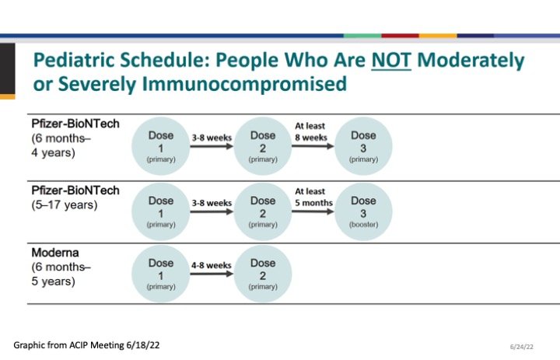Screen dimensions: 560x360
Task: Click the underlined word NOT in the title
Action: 391,60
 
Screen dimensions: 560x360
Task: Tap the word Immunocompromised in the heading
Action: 244,84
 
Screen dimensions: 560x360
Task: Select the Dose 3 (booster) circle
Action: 363,211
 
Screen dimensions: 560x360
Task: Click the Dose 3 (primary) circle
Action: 363,146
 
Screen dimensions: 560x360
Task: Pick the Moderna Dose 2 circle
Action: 263,274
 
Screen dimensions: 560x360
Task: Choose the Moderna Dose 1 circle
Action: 161,274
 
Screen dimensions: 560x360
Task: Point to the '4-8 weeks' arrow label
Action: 212,265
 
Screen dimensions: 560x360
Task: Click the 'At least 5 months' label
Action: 313,197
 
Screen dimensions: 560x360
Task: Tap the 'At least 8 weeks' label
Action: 310,131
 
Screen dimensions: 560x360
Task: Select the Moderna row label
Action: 55,253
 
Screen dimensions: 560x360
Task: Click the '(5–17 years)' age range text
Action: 65,205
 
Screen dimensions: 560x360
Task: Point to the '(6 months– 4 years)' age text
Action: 61,145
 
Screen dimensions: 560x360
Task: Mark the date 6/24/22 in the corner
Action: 522,347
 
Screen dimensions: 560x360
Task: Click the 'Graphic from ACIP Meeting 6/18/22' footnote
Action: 86,345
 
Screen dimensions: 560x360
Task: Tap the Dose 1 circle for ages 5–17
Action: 161,211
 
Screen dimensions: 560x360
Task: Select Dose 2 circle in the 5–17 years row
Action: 263,211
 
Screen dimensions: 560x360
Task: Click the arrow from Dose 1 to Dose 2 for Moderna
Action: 212,274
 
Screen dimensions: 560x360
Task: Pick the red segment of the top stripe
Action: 400,36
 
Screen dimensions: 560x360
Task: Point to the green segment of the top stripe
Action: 362,36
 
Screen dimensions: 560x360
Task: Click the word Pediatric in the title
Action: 74,60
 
